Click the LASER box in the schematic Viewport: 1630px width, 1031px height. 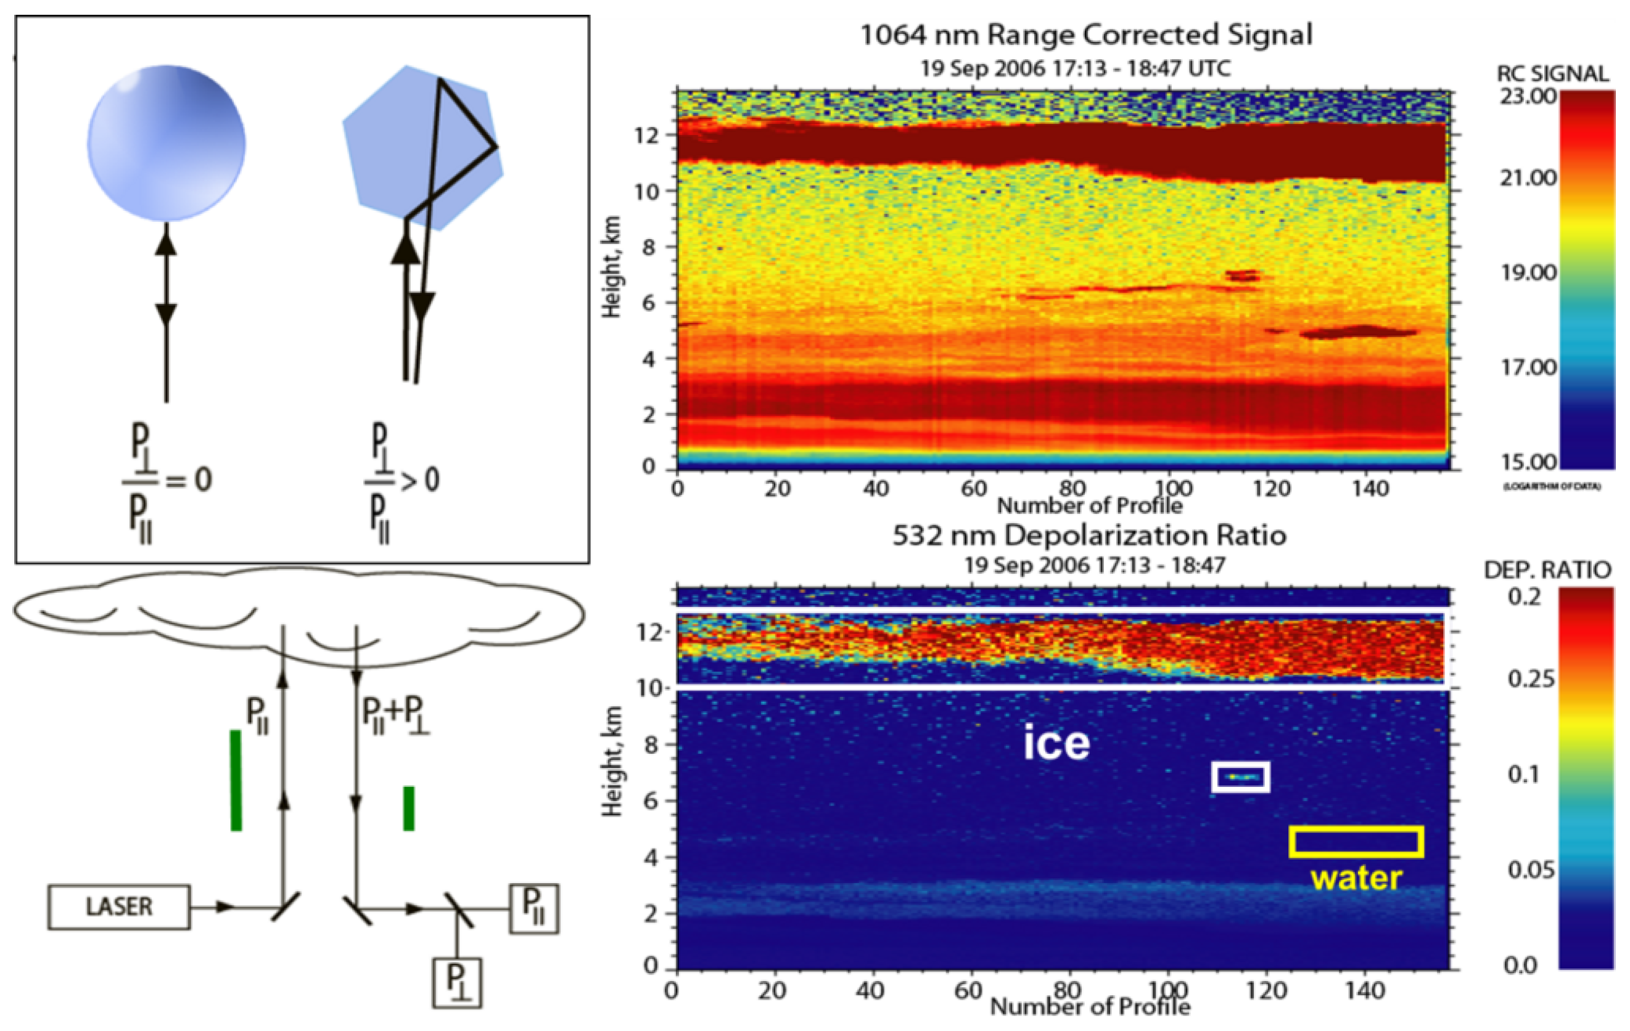click(119, 907)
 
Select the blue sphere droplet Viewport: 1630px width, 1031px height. click(167, 143)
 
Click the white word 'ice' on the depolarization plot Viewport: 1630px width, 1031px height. click(1056, 743)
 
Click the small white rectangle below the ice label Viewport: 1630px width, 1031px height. click(1240, 776)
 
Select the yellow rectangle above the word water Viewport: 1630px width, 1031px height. click(1356, 842)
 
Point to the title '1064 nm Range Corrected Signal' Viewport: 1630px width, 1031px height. click(1086, 35)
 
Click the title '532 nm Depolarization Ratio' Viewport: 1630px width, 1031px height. click(1089, 536)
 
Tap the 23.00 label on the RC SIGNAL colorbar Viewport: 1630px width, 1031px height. click(1528, 97)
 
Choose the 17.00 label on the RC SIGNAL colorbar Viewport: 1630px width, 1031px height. click(1528, 368)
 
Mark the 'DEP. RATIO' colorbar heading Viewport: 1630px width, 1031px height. click(1547, 570)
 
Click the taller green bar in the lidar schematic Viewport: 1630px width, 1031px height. click(236, 780)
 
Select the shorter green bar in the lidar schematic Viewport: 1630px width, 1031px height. click(409, 808)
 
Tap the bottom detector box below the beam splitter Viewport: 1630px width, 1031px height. click(458, 983)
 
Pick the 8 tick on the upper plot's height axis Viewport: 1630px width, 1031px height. click(648, 247)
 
